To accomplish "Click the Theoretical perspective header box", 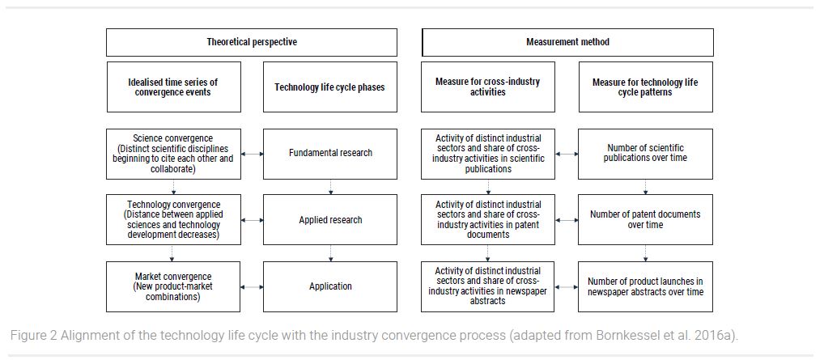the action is (x=252, y=42).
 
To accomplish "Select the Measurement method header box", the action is (x=567, y=42).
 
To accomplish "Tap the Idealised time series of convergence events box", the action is (x=173, y=87).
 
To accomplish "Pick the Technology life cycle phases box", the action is (x=330, y=87).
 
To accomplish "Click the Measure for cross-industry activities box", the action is (x=487, y=87).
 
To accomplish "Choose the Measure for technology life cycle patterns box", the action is (x=646, y=87).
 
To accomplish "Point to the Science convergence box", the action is (x=173, y=154).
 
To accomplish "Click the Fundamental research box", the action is (x=330, y=154).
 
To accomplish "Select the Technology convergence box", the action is (x=173, y=220).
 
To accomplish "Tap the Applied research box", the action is (x=330, y=220).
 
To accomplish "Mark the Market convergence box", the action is (x=173, y=287).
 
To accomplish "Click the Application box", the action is (x=330, y=287).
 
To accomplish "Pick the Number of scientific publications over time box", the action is (x=646, y=154).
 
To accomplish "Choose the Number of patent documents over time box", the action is (x=646, y=220).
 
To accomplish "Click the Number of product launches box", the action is (x=646, y=287).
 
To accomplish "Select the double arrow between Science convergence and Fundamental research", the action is (x=253, y=154).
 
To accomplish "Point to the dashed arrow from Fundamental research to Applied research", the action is (x=330, y=187).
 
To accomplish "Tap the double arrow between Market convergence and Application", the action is (x=253, y=287).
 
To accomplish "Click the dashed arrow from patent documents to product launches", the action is (x=645, y=253).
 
